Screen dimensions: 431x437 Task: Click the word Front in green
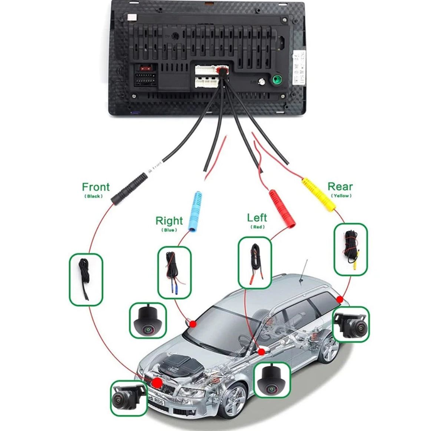[96, 187]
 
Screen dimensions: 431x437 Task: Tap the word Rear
[340, 186]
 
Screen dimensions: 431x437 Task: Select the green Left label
[257, 218]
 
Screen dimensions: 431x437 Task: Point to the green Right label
[169, 221]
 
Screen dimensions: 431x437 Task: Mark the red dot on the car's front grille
[157, 382]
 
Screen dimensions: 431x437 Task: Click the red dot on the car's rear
[339, 299]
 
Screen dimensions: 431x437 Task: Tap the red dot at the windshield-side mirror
[192, 324]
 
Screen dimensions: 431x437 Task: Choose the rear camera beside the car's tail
[351, 324]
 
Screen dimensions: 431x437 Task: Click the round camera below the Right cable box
[147, 320]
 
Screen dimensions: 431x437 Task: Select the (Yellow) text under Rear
[341, 196]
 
